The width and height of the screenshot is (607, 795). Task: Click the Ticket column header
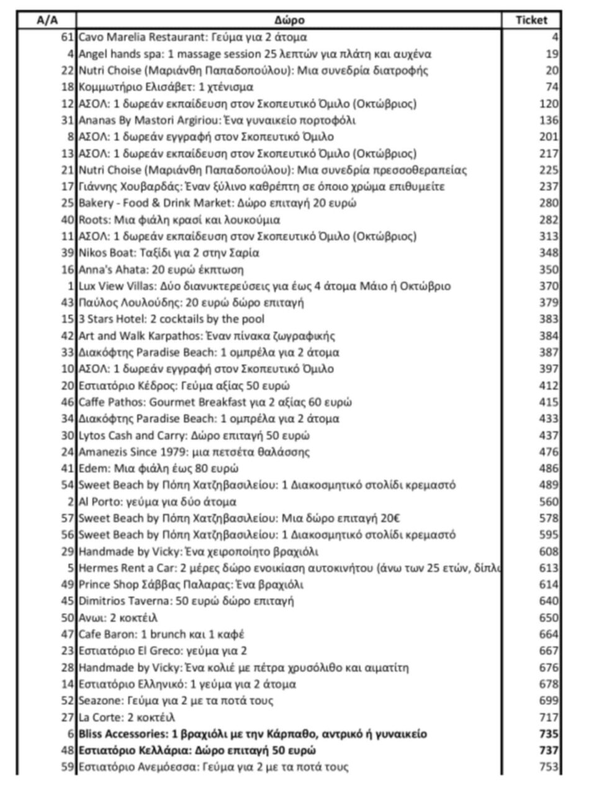[531, 20]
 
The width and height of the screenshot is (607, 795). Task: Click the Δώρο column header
[289, 20]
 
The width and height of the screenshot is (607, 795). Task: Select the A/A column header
[47, 20]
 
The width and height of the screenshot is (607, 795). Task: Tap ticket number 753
[549, 767]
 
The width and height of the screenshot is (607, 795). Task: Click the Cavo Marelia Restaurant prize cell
[192, 37]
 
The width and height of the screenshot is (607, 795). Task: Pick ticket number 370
[549, 286]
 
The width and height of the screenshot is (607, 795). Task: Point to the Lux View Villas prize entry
[264, 286]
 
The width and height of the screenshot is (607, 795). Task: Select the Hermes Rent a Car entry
[289, 568]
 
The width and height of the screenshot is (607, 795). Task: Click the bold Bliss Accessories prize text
[253, 734]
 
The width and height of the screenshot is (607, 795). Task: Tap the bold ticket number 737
[549, 750]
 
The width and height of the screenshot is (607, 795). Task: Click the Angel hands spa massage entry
[254, 54]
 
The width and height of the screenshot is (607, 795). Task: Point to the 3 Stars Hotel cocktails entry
[171, 319]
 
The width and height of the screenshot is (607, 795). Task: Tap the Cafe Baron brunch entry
[161, 634]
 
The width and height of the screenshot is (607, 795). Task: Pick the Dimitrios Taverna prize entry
[186, 601]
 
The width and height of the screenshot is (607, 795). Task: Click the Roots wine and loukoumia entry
[179, 219]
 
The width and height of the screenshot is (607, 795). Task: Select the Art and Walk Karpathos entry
[207, 336]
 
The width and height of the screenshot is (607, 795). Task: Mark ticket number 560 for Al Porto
[549, 501]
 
